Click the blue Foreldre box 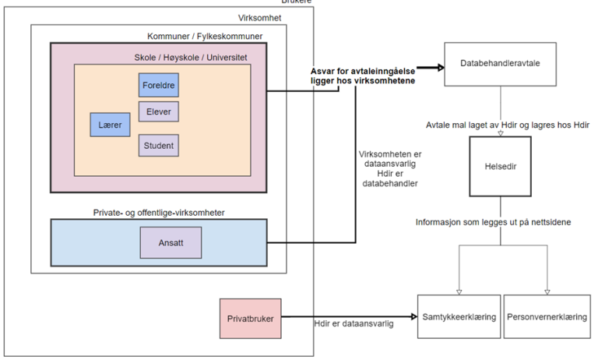pyautogui.click(x=159, y=85)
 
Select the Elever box pyautogui.click(x=159, y=111)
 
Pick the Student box pyautogui.click(x=159, y=145)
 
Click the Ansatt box pyautogui.click(x=171, y=242)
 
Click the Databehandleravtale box pyautogui.click(x=500, y=63)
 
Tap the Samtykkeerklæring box pyautogui.click(x=459, y=317)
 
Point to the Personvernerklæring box pyautogui.click(x=547, y=317)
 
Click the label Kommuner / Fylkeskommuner pyautogui.click(x=205, y=37)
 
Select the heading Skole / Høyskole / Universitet pyautogui.click(x=191, y=58)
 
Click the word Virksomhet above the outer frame pyautogui.click(x=259, y=18)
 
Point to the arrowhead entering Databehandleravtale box pyautogui.click(x=439, y=67)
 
